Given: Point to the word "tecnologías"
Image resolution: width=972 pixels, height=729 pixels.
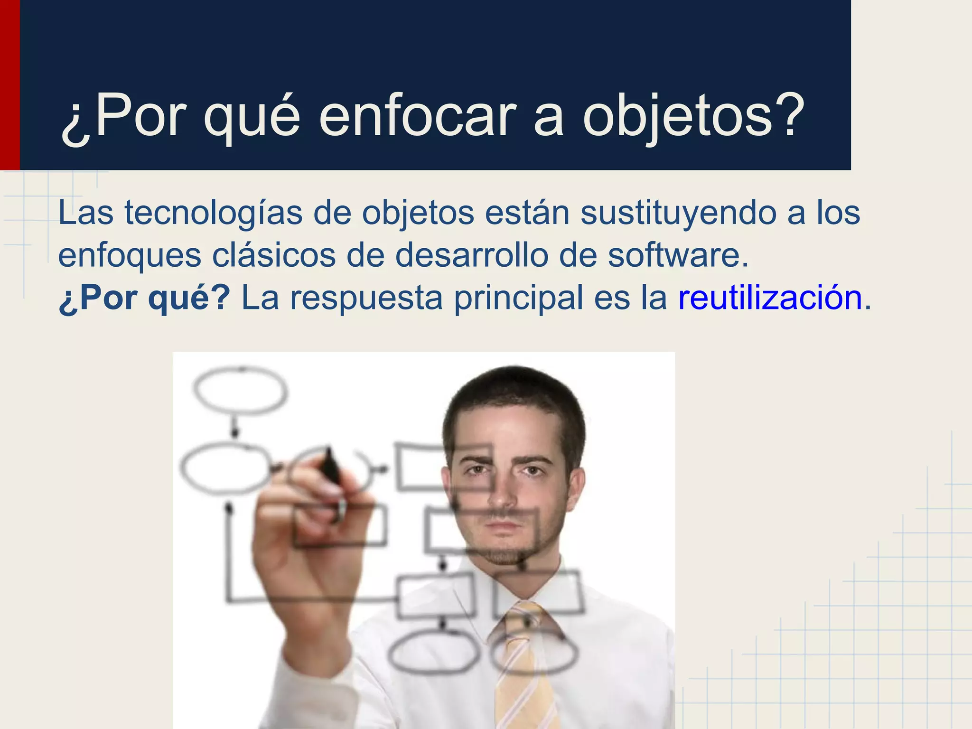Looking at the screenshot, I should (214, 213).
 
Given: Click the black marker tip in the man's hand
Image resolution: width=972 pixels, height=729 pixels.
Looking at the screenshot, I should (329, 463).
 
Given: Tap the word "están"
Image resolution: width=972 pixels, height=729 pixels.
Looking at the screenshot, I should (527, 213).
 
